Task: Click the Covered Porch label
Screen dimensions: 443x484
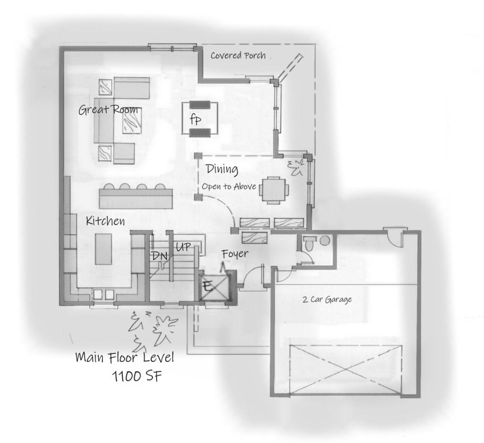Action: pos(238,56)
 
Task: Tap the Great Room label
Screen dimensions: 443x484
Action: pos(108,110)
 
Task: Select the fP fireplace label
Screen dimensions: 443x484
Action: pos(196,119)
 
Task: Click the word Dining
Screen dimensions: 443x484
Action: pos(221,169)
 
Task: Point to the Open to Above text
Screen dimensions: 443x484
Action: pos(229,187)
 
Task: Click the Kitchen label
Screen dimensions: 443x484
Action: pos(105,221)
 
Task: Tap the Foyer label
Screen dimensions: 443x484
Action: pos(235,254)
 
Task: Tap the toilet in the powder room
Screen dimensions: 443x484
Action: pos(309,243)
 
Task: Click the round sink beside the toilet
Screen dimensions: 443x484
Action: pos(325,241)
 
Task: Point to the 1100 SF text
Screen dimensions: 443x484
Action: pos(134,376)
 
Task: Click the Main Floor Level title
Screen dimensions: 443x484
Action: pos(124,358)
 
